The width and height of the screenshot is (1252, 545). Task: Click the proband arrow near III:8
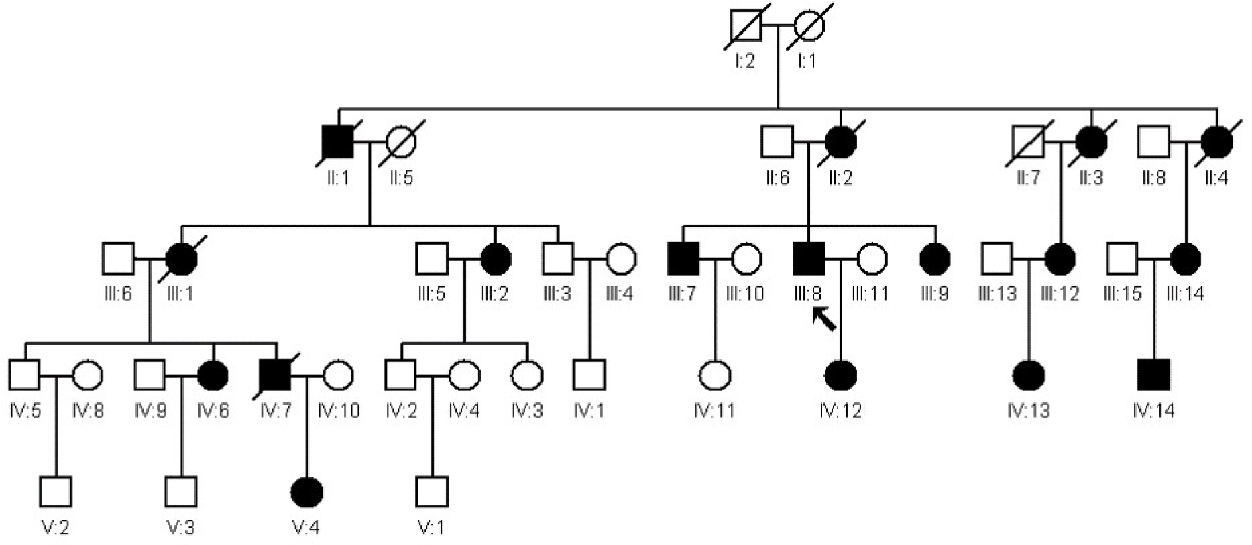click(825, 320)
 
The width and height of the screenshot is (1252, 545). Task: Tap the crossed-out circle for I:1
click(809, 26)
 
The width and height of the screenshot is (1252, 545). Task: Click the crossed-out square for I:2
click(746, 26)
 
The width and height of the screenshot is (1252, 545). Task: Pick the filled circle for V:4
click(306, 492)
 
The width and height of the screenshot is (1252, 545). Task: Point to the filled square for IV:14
click(1153, 375)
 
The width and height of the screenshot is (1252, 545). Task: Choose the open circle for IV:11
click(715, 375)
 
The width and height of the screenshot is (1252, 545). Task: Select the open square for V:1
click(431, 492)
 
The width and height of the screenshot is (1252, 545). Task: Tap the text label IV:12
click(840, 410)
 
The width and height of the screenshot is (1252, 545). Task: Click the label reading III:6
click(118, 294)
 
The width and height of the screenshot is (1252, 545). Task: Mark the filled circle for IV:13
click(1029, 375)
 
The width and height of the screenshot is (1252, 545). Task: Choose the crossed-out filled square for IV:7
click(275, 375)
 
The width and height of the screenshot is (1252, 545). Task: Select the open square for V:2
click(56, 492)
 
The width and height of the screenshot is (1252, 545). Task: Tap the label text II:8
click(1153, 178)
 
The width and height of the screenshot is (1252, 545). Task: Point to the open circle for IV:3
click(527, 375)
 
